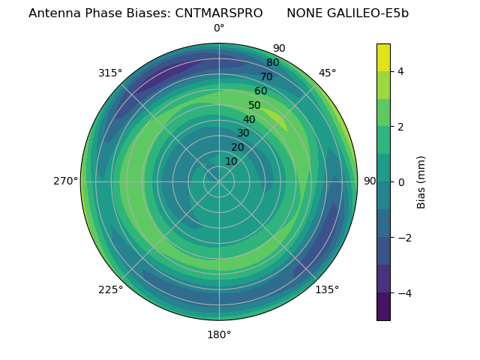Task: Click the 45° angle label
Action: click(x=327, y=73)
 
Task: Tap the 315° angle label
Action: click(x=109, y=73)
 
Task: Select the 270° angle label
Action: click(x=65, y=181)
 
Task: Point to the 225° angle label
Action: click(x=109, y=290)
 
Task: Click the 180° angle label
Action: click(x=219, y=334)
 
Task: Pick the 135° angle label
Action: click(x=327, y=290)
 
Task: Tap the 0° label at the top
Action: click(x=219, y=28)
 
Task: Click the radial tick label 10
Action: click(x=231, y=161)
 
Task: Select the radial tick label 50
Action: click(x=254, y=105)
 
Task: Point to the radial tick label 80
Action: click(x=272, y=63)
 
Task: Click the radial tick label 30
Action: click(x=243, y=133)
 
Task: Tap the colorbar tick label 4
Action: click(x=401, y=71)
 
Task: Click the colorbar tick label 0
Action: click(x=401, y=181)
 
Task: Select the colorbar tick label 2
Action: click(x=401, y=127)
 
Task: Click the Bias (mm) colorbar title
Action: click(x=421, y=181)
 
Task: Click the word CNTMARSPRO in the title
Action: click(x=219, y=13)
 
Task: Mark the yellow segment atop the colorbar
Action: click(x=383, y=57)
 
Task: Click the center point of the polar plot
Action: click(x=219, y=181)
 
